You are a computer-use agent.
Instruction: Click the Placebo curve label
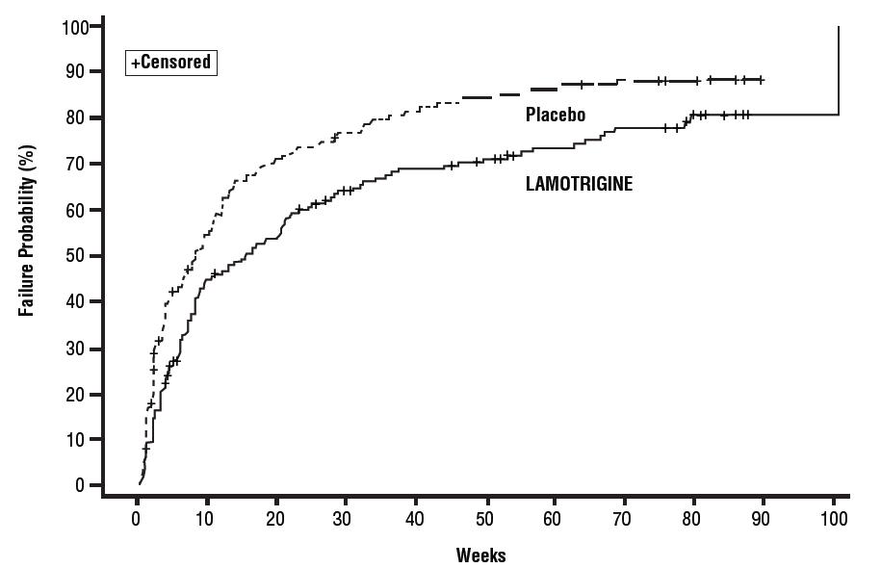click(x=556, y=116)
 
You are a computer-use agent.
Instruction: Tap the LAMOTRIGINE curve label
click(x=579, y=184)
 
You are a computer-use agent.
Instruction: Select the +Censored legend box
click(x=170, y=63)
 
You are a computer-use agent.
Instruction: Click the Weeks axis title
click(x=480, y=555)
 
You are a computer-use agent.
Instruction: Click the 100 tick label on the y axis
click(x=76, y=26)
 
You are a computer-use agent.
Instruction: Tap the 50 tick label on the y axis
click(x=80, y=256)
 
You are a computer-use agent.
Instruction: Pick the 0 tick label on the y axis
click(x=84, y=485)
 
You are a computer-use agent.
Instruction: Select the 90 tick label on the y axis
click(x=80, y=72)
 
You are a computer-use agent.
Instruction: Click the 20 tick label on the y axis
click(x=80, y=394)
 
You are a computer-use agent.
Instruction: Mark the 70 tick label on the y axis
click(x=80, y=164)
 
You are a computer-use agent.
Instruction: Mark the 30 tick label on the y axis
click(x=80, y=348)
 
